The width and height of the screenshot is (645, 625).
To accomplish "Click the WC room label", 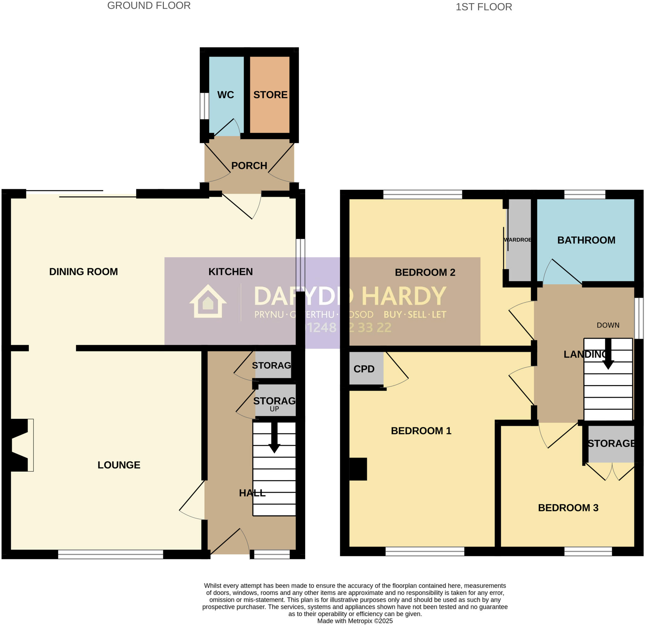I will point(225,95).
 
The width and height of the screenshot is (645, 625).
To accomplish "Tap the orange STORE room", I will point(270,95).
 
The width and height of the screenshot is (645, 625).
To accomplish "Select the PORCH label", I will point(249,166).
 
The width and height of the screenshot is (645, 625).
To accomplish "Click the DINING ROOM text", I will point(83,272).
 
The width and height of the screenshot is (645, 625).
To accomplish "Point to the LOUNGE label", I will point(119,465).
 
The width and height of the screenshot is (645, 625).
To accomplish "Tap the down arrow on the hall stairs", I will point(274,438).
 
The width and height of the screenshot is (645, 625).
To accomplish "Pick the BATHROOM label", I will point(586,240).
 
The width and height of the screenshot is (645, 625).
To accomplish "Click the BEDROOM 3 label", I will point(568,508).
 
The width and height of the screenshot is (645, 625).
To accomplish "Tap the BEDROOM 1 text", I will point(421,431).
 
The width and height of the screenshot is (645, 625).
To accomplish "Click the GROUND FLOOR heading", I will point(149,6).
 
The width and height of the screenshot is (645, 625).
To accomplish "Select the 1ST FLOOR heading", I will point(483,7).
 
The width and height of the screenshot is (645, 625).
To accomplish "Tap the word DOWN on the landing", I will point(608,325).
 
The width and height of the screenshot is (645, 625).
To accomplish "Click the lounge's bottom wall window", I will point(111,554).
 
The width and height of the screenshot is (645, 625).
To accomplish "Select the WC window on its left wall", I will point(204,106).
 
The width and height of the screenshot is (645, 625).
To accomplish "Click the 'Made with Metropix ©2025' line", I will point(355,621).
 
